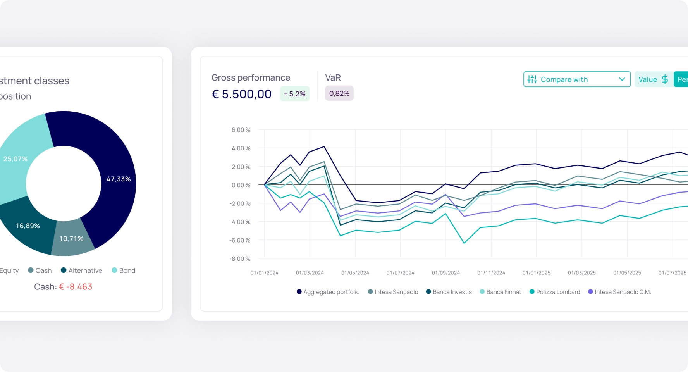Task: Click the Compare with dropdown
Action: coord(576,79)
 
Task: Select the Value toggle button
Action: coord(653,79)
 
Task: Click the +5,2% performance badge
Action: coord(294,94)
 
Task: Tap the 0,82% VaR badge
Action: coord(339,93)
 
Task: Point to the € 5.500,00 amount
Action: coord(241,94)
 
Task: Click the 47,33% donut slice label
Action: coord(119,179)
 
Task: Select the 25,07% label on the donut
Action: coord(15,159)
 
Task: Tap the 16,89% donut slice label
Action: coord(28,226)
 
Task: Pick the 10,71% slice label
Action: coord(71,239)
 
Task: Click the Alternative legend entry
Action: coord(81,270)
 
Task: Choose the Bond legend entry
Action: coord(124,270)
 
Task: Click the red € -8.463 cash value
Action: coord(76,287)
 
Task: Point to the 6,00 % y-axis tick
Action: coord(241,130)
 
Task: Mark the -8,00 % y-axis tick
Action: coord(240,259)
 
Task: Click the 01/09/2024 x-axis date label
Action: coord(445,273)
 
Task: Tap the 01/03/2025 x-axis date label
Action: coord(581,273)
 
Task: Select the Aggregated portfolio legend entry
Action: coord(328,292)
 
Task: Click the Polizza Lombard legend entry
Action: coord(555,292)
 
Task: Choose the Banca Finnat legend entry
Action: coord(501,292)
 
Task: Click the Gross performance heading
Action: coord(251,77)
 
